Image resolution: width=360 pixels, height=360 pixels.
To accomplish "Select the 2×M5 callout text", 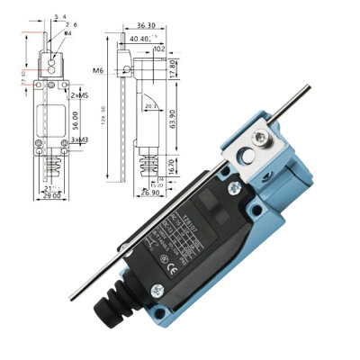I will point(79,94).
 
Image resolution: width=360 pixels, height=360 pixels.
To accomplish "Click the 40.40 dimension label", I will point(140,39).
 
